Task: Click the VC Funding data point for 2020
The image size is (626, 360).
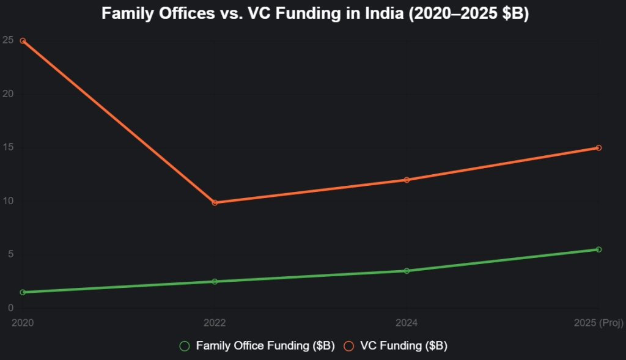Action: click(23, 41)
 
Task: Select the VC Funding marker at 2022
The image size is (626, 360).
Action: click(215, 202)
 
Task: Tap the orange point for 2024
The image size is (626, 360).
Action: click(407, 180)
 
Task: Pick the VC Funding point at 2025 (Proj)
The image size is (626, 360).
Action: click(598, 148)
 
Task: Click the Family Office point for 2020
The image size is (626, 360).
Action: click(23, 292)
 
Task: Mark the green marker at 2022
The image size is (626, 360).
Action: click(215, 282)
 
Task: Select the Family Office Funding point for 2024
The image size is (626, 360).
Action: click(407, 271)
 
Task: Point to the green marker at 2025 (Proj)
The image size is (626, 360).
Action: click(598, 249)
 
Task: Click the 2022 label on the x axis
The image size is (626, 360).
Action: click(215, 321)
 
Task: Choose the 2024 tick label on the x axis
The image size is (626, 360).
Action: click(407, 321)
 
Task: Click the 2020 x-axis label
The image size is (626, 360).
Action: click(23, 321)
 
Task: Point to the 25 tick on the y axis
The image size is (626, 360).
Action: click(8, 40)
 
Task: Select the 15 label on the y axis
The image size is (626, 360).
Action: click(8, 147)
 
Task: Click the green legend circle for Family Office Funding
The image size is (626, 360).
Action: click(184, 346)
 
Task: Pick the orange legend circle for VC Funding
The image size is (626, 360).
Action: click(349, 346)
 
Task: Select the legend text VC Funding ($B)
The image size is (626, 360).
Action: click(403, 346)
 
